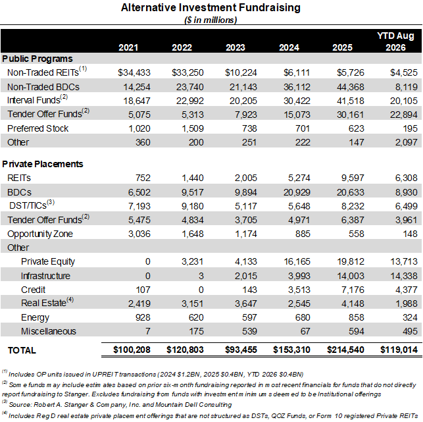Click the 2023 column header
(236, 47)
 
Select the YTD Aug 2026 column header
(395, 41)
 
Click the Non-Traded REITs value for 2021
(134, 72)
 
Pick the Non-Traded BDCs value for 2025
(351, 87)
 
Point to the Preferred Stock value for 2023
(249, 128)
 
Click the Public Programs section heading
(37, 59)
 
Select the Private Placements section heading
(43, 164)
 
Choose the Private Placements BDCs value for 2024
(297, 192)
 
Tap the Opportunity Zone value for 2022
(193, 234)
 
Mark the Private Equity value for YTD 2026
(404, 261)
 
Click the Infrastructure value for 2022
(201, 276)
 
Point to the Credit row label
(33, 290)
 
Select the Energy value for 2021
(143, 317)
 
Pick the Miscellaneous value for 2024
(305, 331)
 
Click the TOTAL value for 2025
(345, 350)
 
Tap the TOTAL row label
(22, 350)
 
